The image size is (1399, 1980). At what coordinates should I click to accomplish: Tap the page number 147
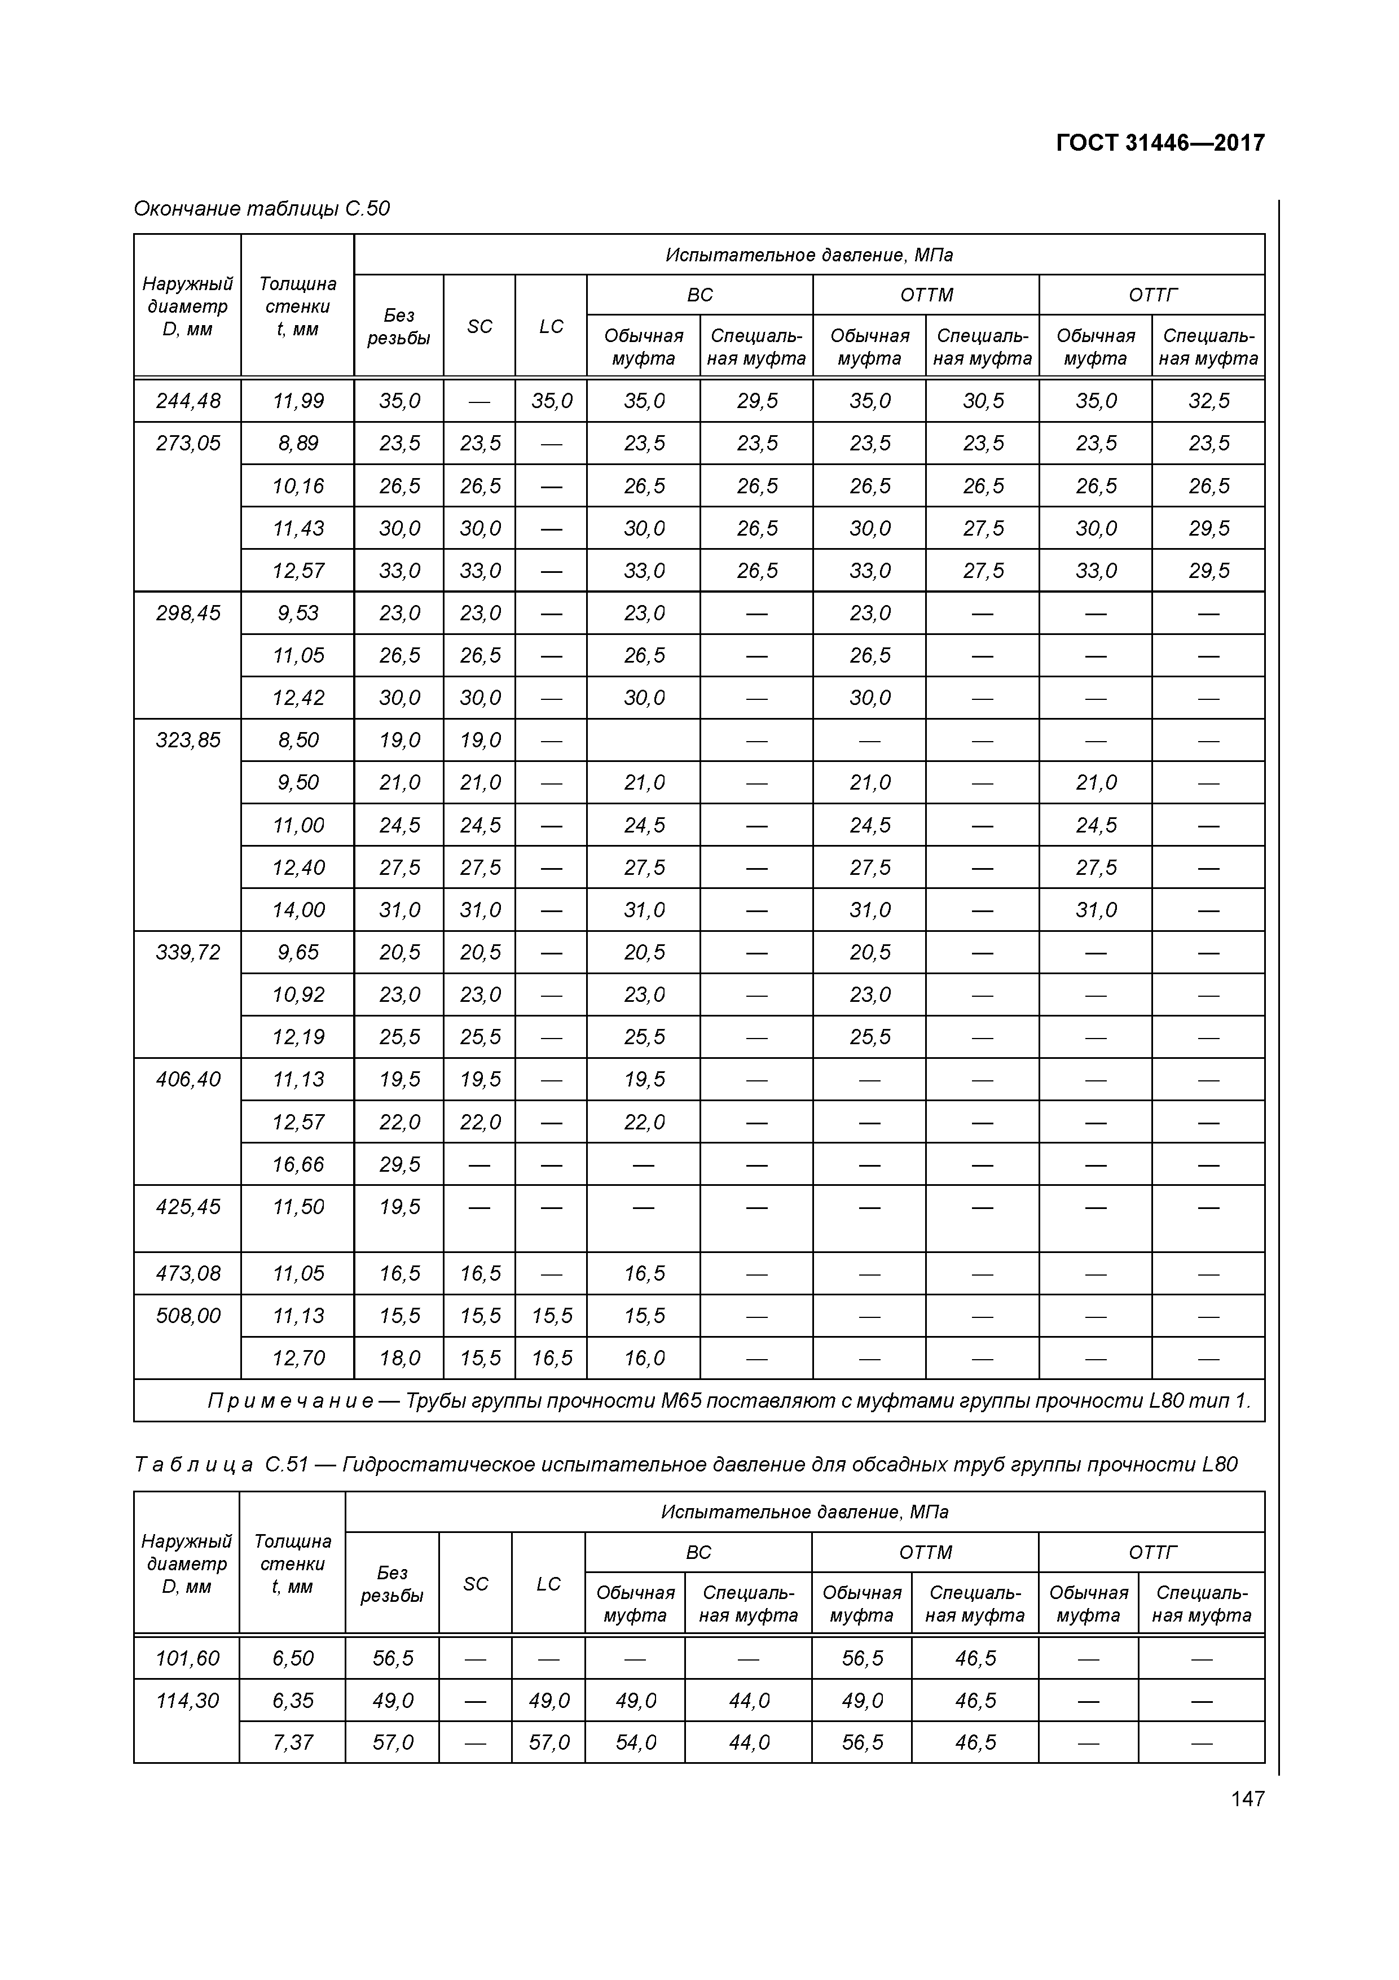coord(1247,1798)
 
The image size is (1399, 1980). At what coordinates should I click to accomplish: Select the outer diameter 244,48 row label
coord(188,401)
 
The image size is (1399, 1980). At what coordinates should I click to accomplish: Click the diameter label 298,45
coord(188,613)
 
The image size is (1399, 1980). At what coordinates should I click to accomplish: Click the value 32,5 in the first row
coord(1208,401)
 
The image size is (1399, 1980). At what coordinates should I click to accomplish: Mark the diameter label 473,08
coord(188,1274)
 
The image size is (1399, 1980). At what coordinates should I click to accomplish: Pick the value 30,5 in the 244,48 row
coord(983,401)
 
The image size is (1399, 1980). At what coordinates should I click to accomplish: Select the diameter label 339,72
coord(188,952)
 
